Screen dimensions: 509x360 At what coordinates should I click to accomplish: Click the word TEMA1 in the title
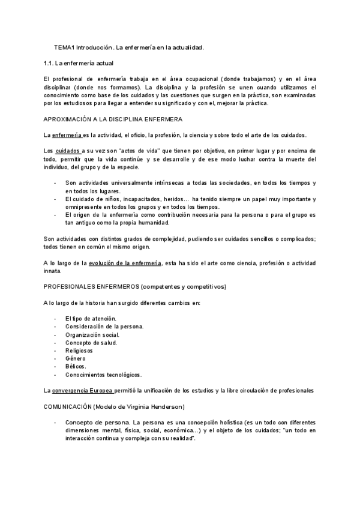[x=64, y=47]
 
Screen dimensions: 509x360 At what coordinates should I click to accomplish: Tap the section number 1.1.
[x=50, y=63]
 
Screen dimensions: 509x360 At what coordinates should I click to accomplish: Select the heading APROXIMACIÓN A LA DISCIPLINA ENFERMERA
[x=113, y=119]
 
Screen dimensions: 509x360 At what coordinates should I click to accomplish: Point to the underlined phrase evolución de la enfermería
[x=125, y=264]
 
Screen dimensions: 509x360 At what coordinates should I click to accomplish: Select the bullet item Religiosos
[x=80, y=350]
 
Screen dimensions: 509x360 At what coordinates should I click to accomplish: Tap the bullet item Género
[x=76, y=358]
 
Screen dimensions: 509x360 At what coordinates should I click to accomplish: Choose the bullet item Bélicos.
[x=76, y=367]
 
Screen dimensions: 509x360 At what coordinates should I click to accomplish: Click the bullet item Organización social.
[x=92, y=334]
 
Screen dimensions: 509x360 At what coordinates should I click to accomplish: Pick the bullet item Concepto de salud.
[x=91, y=342]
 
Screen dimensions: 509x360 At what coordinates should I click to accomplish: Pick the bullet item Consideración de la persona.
[x=104, y=327]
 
